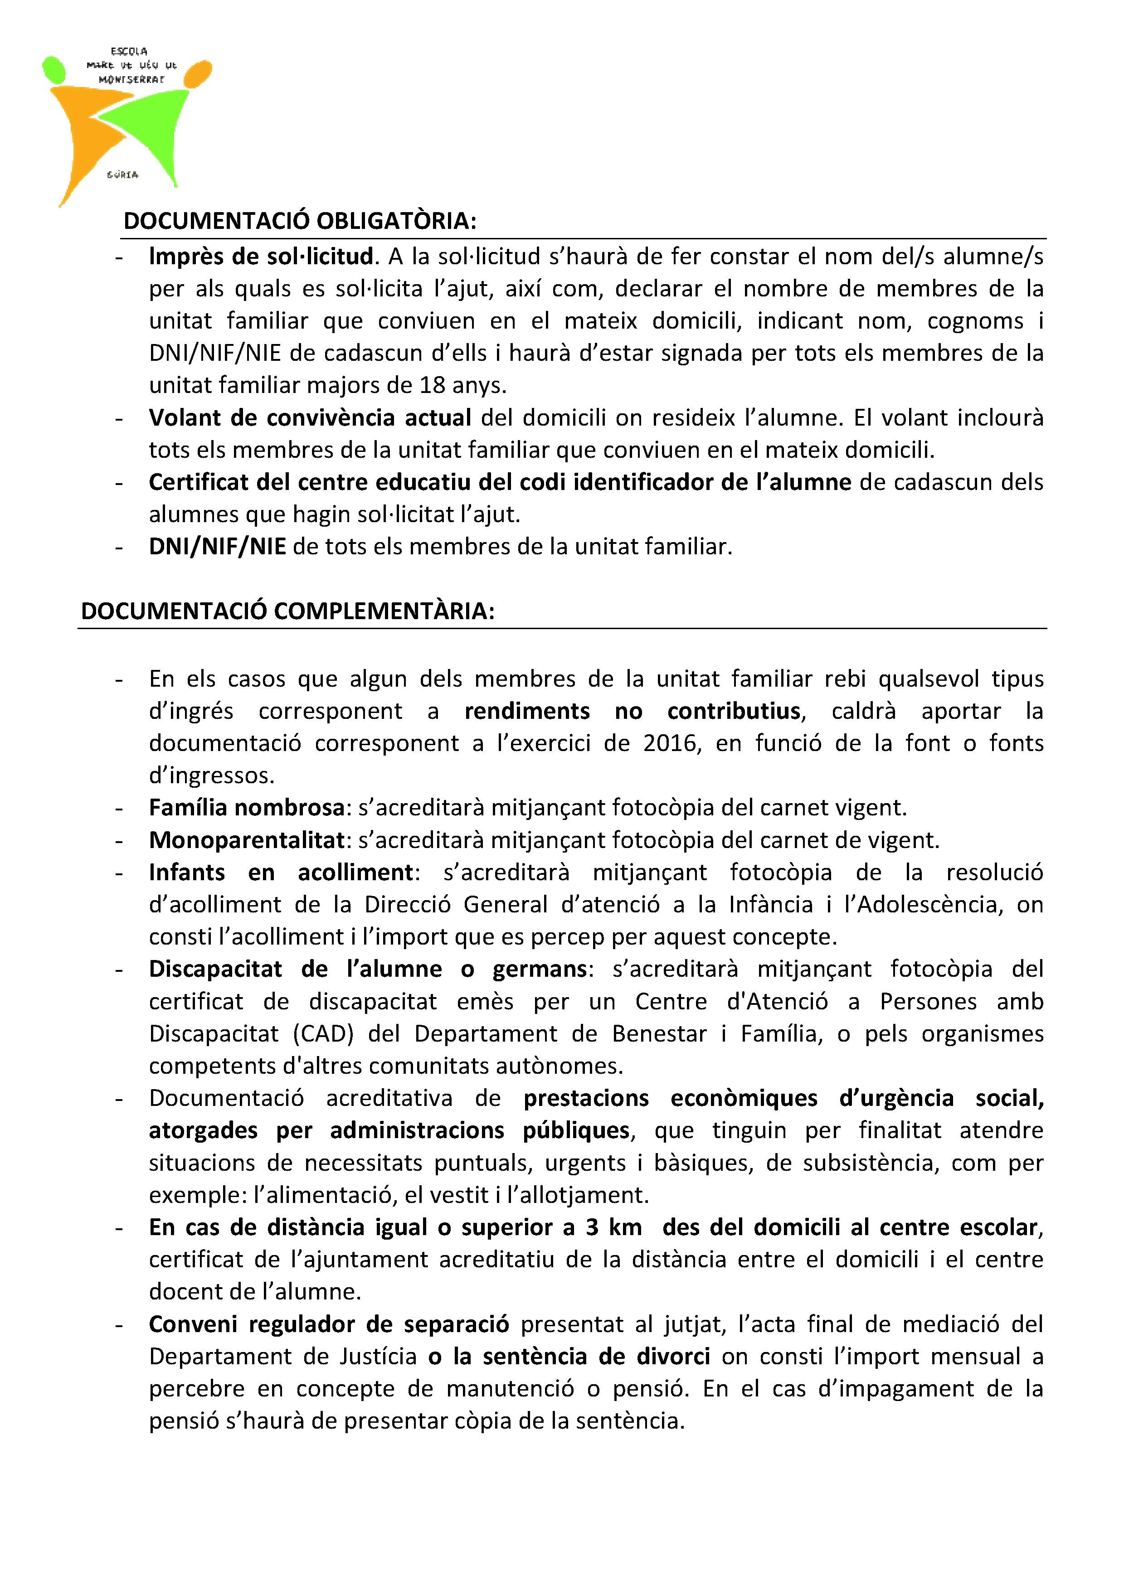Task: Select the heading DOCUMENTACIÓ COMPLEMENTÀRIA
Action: pos(287,611)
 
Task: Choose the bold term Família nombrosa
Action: pos(247,808)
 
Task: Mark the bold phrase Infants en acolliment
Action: pos(281,873)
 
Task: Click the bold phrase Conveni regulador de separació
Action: pos(329,1324)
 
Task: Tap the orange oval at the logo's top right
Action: pos(199,74)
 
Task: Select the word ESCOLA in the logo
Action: pos(129,51)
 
